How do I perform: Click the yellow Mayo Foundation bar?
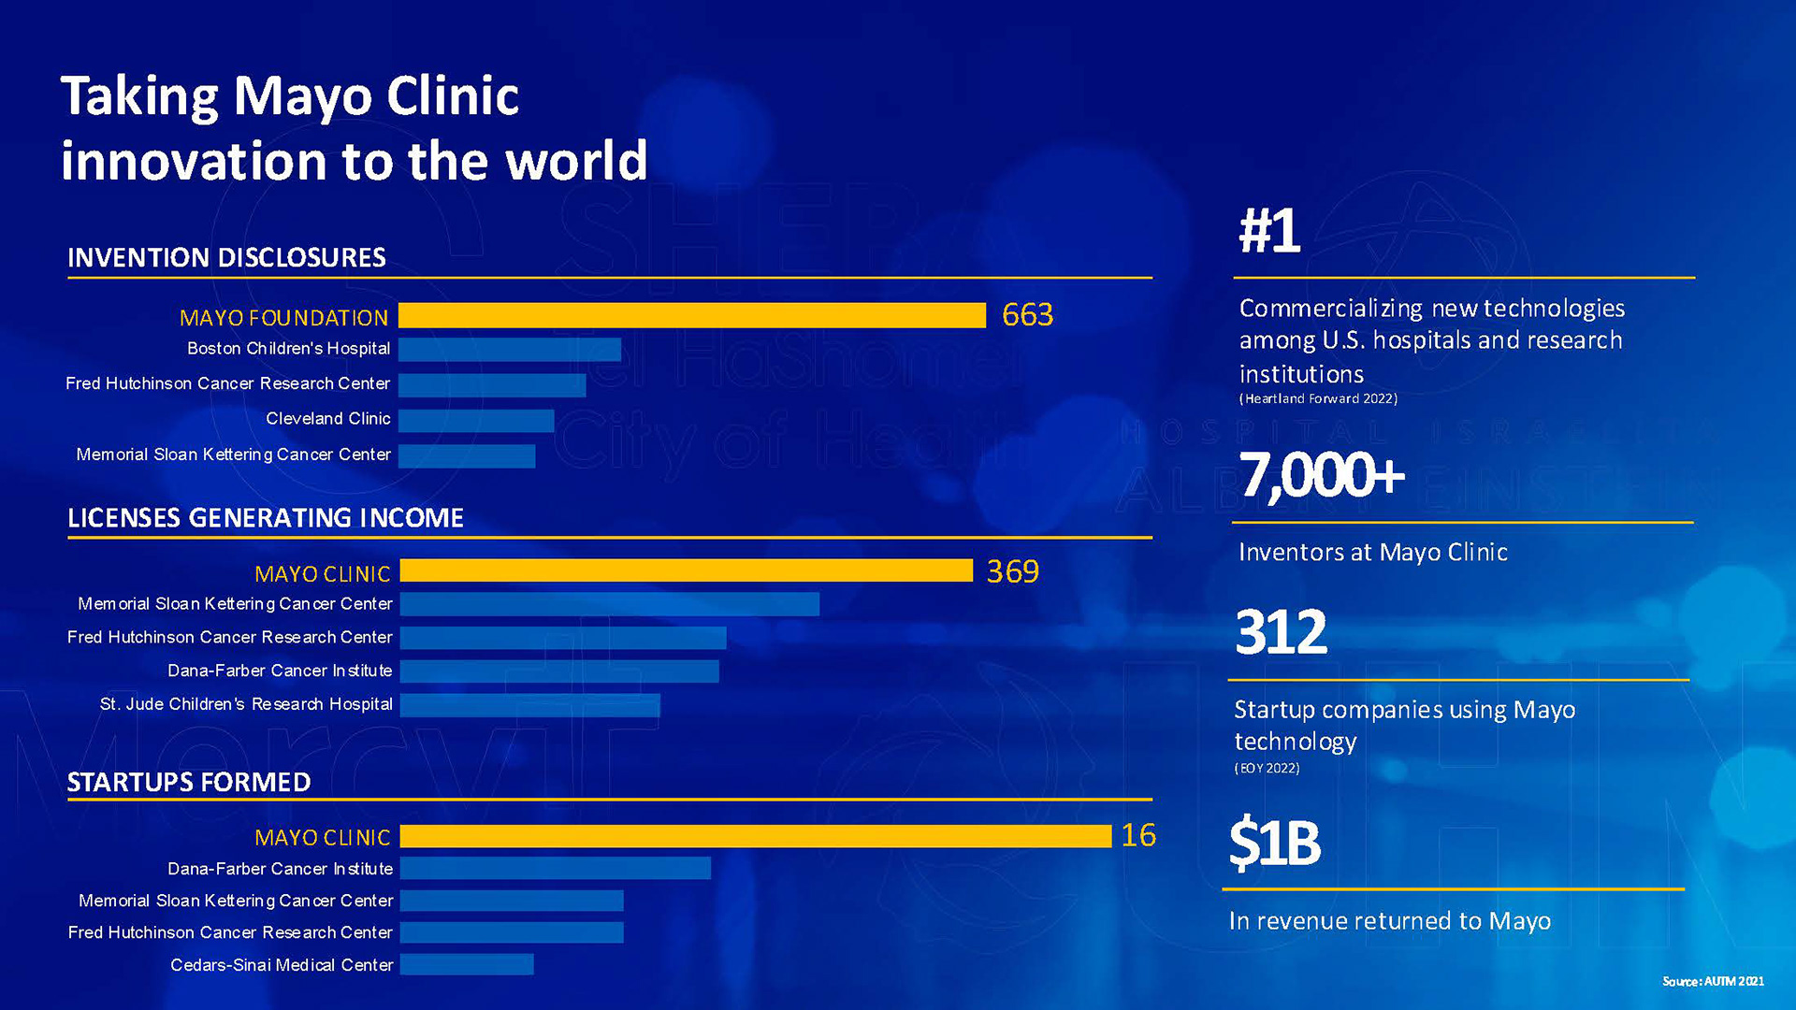692,316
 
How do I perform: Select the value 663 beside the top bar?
1027,315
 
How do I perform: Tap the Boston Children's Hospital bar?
510,350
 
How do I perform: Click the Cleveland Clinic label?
328,419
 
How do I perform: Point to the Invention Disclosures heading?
226,258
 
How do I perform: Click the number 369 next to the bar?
1012,571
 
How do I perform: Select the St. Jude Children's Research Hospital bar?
529,705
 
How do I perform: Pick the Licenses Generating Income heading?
266,518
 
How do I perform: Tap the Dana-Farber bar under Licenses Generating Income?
559,671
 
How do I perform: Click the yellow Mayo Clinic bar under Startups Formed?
756,836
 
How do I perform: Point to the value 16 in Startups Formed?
1138,835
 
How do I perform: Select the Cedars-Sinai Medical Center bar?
467,964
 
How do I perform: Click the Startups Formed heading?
189,783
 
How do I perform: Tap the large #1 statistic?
1269,231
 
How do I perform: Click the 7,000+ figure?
1322,475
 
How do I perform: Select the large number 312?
1281,632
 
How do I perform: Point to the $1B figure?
1274,843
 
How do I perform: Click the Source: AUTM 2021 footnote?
1713,981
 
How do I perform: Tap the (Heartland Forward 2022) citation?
1318,399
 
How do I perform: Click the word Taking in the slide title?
139,96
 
